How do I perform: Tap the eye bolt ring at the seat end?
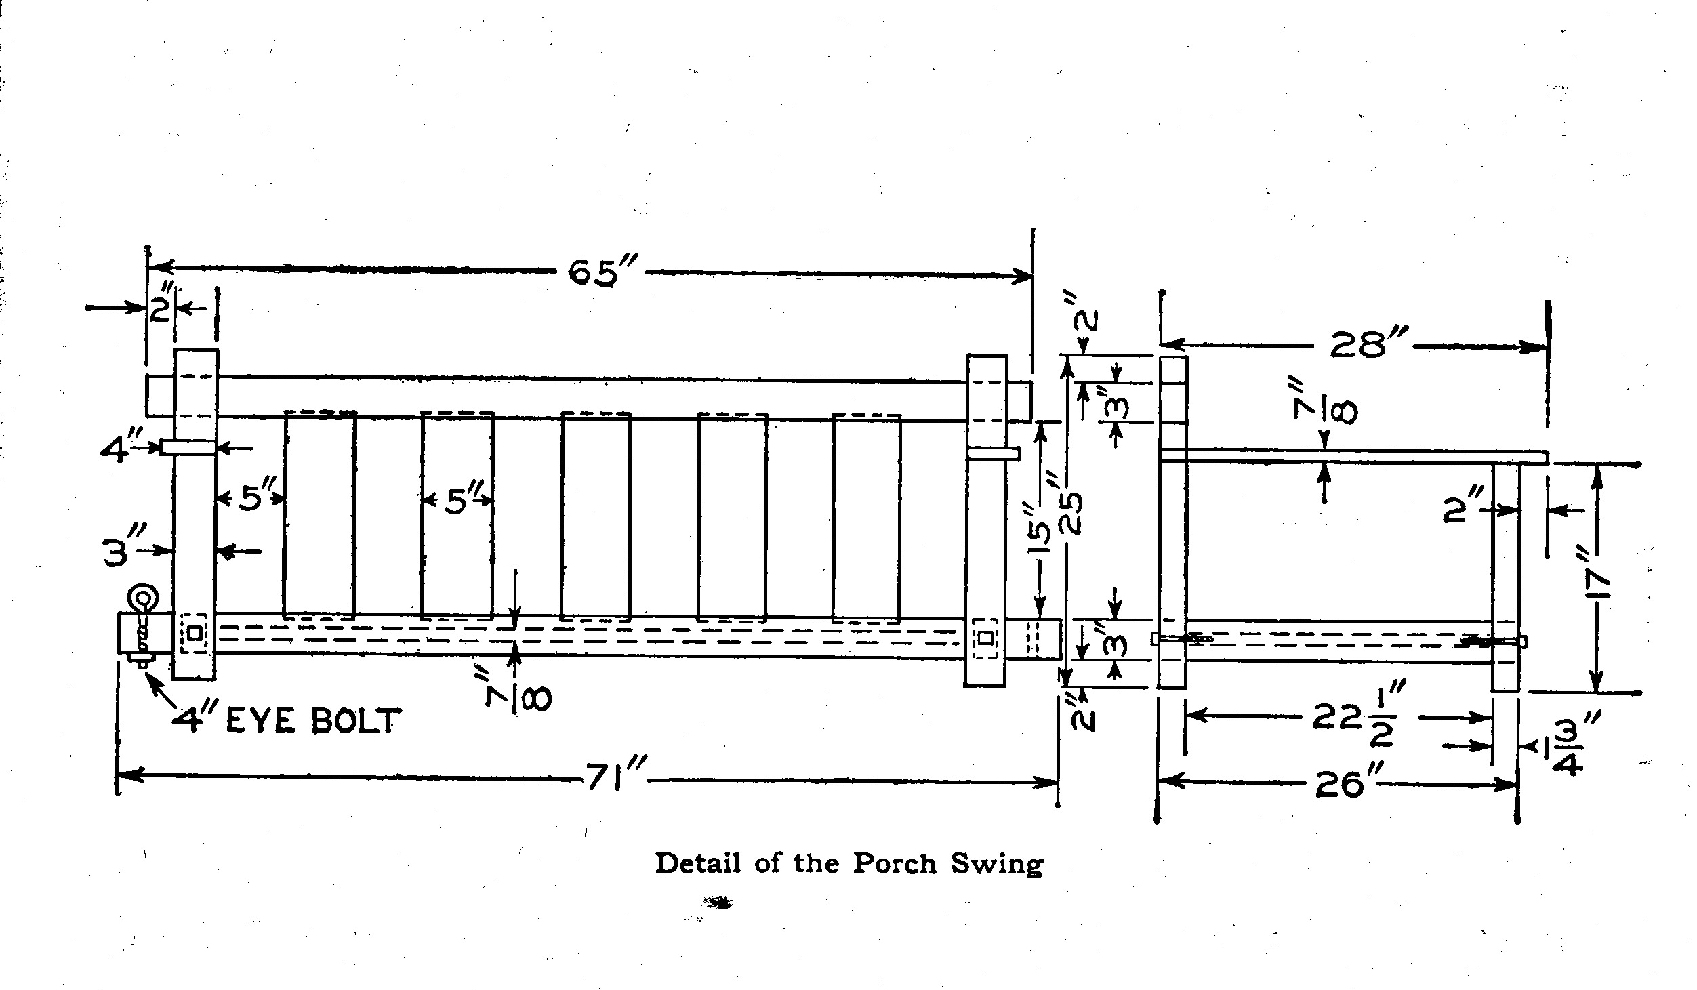pyautogui.click(x=143, y=600)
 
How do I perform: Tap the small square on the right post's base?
pyautogui.click(x=985, y=638)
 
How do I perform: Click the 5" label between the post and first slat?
pyautogui.click(x=252, y=499)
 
